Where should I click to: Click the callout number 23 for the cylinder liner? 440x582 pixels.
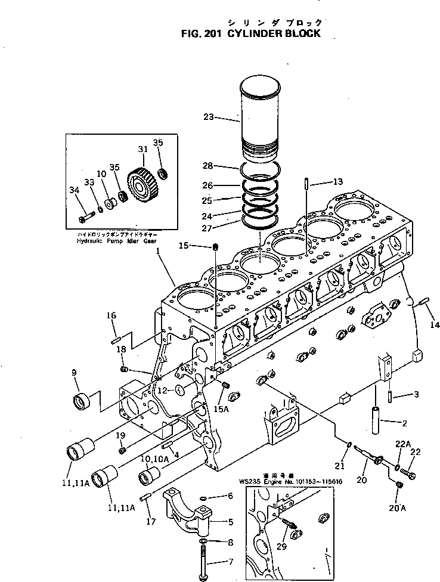(x=209, y=117)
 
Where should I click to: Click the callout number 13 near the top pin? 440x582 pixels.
(x=337, y=181)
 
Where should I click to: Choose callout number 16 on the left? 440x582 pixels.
(x=111, y=315)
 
